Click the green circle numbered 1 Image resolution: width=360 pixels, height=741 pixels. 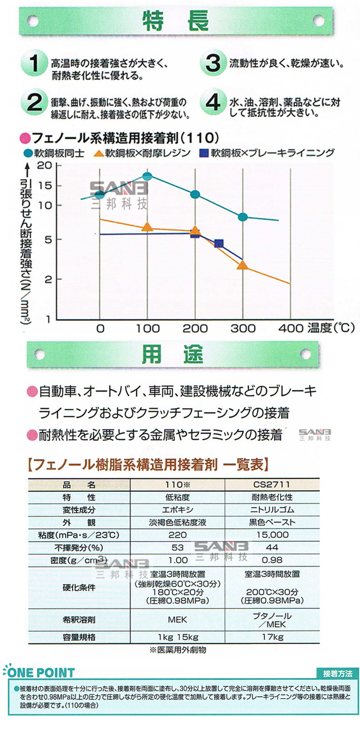(33, 63)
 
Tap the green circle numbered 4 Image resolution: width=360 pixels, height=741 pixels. (212, 102)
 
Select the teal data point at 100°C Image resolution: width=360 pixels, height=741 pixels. (148, 176)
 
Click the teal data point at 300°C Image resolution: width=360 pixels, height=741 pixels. (243, 217)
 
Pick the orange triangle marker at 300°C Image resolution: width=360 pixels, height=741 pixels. (242, 265)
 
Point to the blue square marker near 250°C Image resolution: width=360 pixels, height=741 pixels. (219, 244)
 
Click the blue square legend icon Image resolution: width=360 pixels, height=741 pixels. (204, 153)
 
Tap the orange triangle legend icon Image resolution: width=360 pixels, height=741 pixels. (98, 153)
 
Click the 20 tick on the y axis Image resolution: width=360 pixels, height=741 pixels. (44, 165)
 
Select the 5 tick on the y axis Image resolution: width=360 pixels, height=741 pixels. (48, 240)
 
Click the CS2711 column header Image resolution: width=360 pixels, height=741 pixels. (272, 484)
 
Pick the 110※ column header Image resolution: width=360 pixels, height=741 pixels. (178, 484)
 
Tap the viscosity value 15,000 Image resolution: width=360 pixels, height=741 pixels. (273, 535)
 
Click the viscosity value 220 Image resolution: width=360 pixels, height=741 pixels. (178, 535)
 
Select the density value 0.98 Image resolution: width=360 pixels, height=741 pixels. (272, 560)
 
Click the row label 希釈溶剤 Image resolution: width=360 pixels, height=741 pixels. (79, 619)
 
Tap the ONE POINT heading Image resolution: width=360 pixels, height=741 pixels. (40, 673)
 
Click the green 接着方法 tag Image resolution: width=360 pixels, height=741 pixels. (338, 674)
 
